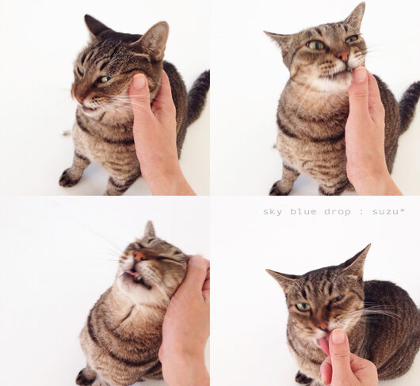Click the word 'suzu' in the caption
coord(384,212)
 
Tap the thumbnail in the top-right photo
coord(359,74)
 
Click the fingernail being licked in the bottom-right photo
coord(338,336)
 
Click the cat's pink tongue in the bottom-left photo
coord(131,272)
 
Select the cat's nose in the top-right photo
coord(343,55)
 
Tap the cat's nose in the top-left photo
coord(78,96)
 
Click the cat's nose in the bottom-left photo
coord(139,256)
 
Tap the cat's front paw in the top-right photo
coord(280,187)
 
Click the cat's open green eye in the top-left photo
coord(103,79)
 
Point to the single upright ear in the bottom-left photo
coord(150,229)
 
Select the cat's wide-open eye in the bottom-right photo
coord(303,307)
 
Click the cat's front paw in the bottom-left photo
coord(85,377)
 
